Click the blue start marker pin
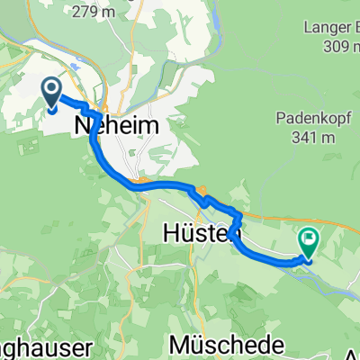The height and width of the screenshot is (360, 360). pos(50,93)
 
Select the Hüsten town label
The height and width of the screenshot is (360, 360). pos(197,232)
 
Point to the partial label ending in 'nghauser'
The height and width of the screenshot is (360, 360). pos(36,346)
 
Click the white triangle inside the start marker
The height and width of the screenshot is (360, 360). pos(50,89)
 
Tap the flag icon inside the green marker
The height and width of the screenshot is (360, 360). pos(310,238)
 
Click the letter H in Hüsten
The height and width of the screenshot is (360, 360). pos(172,232)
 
